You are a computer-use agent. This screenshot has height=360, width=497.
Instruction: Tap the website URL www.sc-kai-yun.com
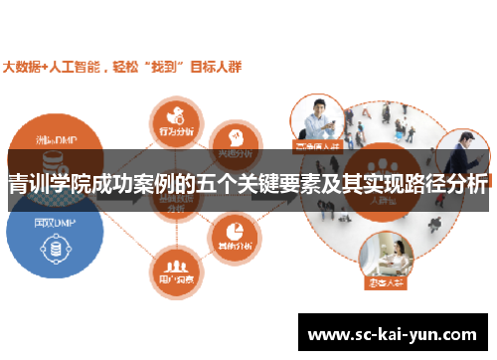pyautogui.click(x=394, y=335)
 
